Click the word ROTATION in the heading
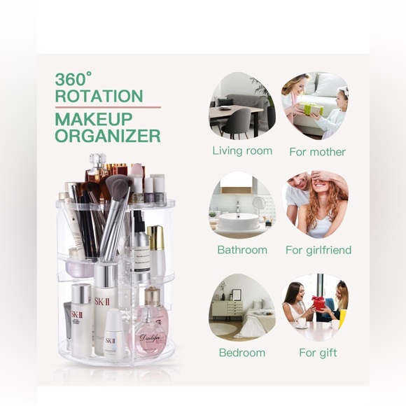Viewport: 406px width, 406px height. click(99, 97)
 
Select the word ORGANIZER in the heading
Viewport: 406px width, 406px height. click(108, 135)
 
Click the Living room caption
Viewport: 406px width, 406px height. click(242, 151)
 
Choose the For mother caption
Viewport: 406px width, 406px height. click(317, 152)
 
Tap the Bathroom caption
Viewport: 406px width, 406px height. click(242, 250)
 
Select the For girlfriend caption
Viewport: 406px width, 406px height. click(318, 250)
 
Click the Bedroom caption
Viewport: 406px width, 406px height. click(242, 352)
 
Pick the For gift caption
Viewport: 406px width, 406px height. click(317, 352)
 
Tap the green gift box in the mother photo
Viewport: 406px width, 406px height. click(311, 109)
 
